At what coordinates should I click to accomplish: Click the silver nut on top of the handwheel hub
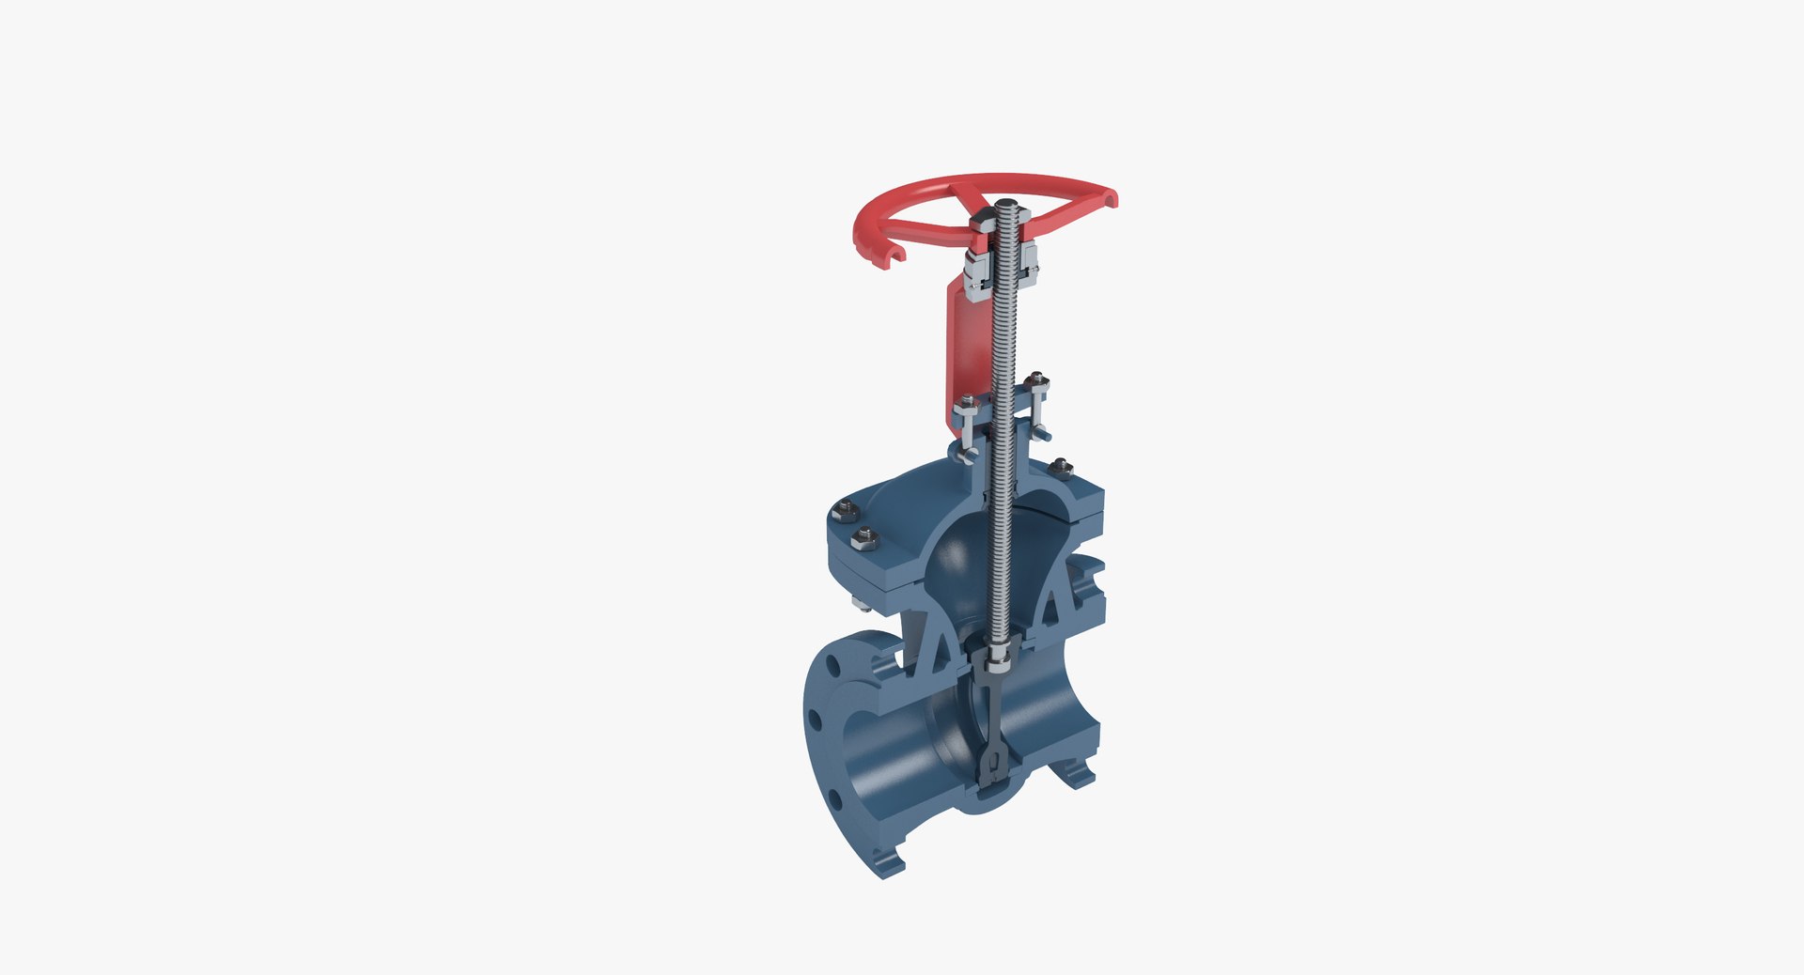[x=984, y=224]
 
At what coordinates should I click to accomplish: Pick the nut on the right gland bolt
[x=1037, y=380]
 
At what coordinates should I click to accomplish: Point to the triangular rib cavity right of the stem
[x=1051, y=611]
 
